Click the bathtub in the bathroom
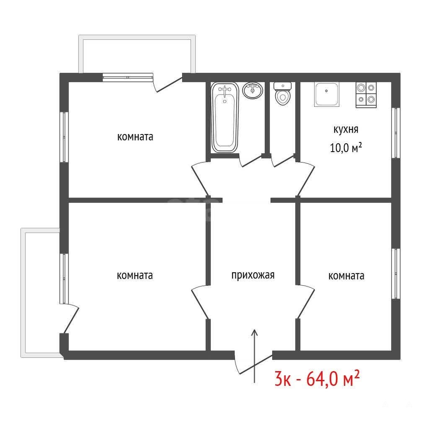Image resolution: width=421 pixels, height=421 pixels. [x=225, y=118]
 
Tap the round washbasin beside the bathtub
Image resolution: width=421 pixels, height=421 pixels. [x=252, y=90]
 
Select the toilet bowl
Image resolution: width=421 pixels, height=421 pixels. [x=282, y=98]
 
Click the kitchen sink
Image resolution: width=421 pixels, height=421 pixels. [x=327, y=95]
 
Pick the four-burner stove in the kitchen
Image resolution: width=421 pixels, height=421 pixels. [x=366, y=95]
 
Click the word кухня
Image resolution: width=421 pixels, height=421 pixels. [x=346, y=129]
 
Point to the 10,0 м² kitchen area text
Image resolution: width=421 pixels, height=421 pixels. [x=346, y=148]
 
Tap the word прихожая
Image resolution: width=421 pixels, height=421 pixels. [x=253, y=276]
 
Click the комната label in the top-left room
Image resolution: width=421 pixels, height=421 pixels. [x=135, y=137]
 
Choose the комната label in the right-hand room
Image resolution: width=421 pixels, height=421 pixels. [x=346, y=276]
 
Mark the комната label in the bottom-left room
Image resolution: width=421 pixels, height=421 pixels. [x=135, y=276]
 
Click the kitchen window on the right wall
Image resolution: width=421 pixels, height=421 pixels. [x=396, y=133]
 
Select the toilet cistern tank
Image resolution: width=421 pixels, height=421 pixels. [x=282, y=86]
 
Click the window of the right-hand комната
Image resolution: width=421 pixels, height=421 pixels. [x=396, y=274]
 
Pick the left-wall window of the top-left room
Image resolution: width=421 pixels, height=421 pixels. [x=64, y=137]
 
